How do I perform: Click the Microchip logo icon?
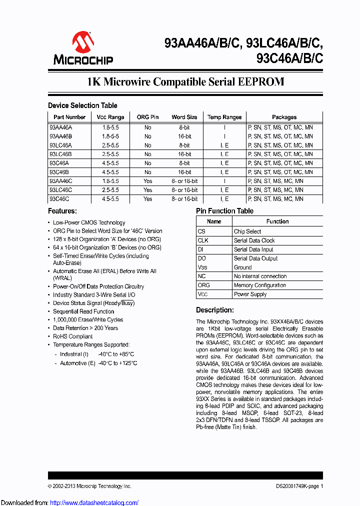[83, 42]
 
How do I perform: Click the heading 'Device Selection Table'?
[82, 105]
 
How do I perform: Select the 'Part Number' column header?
[69, 117]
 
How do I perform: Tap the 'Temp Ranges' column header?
[224, 117]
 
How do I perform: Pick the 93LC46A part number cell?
[60, 145]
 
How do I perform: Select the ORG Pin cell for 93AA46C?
[147, 181]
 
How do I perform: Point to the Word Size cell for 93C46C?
[184, 199]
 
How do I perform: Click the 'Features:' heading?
[62, 211]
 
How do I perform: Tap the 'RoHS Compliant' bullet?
[73, 336]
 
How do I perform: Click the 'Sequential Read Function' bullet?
[83, 311]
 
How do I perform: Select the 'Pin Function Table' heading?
[224, 211]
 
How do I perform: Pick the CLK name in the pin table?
[203, 240]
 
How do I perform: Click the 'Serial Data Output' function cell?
[255, 258]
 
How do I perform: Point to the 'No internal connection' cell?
[260, 276]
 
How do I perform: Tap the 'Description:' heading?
[214, 310]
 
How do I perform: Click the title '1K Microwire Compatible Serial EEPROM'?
[185, 82]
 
